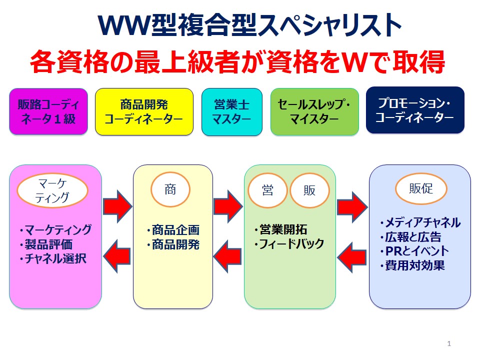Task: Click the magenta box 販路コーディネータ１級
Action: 48,111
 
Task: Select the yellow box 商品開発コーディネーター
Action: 144,111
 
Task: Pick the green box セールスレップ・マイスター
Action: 314,111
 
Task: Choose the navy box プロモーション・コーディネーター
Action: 415,110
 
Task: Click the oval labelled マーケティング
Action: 52,190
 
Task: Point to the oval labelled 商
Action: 170,189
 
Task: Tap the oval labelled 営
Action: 268,190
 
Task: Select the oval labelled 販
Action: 309,190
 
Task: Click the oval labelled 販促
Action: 421,189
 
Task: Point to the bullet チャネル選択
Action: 56,259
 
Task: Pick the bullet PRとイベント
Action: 416,251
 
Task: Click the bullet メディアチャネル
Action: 422,222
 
